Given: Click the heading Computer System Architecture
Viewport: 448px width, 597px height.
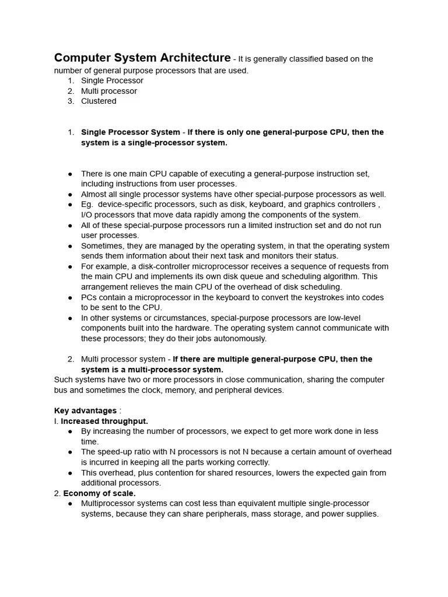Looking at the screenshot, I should (x=142, y=58).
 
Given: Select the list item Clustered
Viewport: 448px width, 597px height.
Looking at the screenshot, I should (x=99, y=101).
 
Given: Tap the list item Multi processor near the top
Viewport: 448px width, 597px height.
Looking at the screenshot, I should (x=109, y=91).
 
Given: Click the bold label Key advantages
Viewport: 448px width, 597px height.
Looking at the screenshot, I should (x=85, y=411).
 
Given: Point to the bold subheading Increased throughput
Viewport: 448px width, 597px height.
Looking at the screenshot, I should (x=104, y=421).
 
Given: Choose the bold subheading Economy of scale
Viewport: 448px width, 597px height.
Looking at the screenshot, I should (x=99, y=493).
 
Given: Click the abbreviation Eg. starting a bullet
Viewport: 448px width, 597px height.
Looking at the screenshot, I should (x=87, y=205).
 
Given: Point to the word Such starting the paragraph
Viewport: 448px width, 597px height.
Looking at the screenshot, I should (x=64, y=380).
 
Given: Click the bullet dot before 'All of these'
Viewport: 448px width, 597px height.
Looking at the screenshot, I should (x=70, y=225).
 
